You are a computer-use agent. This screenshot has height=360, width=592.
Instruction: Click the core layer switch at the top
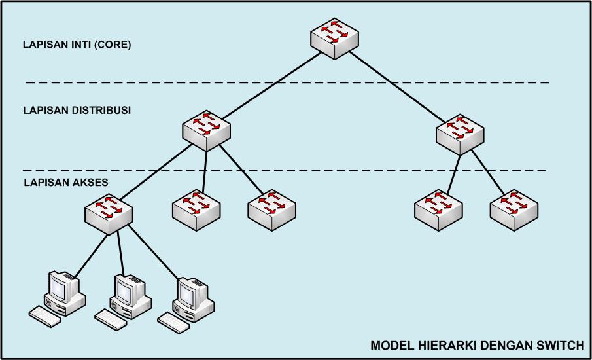(334, 39)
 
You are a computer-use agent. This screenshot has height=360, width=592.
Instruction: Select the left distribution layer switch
(206, 131)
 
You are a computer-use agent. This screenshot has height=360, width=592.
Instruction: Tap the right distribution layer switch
(460, 134)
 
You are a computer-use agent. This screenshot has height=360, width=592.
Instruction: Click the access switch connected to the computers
(109, 214)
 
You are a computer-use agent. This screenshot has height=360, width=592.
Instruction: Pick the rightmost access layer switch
(514, 210)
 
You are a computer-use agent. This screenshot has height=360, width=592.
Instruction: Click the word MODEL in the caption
(392, 345)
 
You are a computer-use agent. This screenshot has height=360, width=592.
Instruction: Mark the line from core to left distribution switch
(272, 85)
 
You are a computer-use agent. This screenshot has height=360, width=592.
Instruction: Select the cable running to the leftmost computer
(92, 256)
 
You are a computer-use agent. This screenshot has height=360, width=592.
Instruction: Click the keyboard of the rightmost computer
(173, 322)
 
